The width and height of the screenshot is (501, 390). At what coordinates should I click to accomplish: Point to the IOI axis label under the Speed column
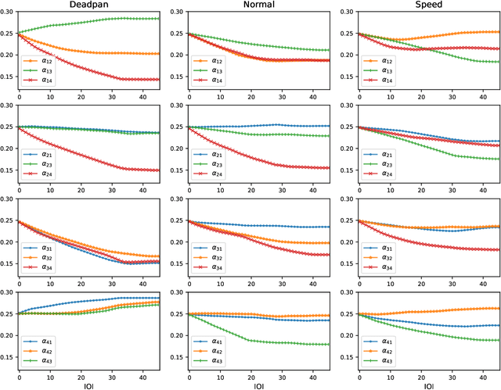coord(429,385)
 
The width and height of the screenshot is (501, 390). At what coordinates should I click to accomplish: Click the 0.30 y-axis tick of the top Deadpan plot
coord(8,13)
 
